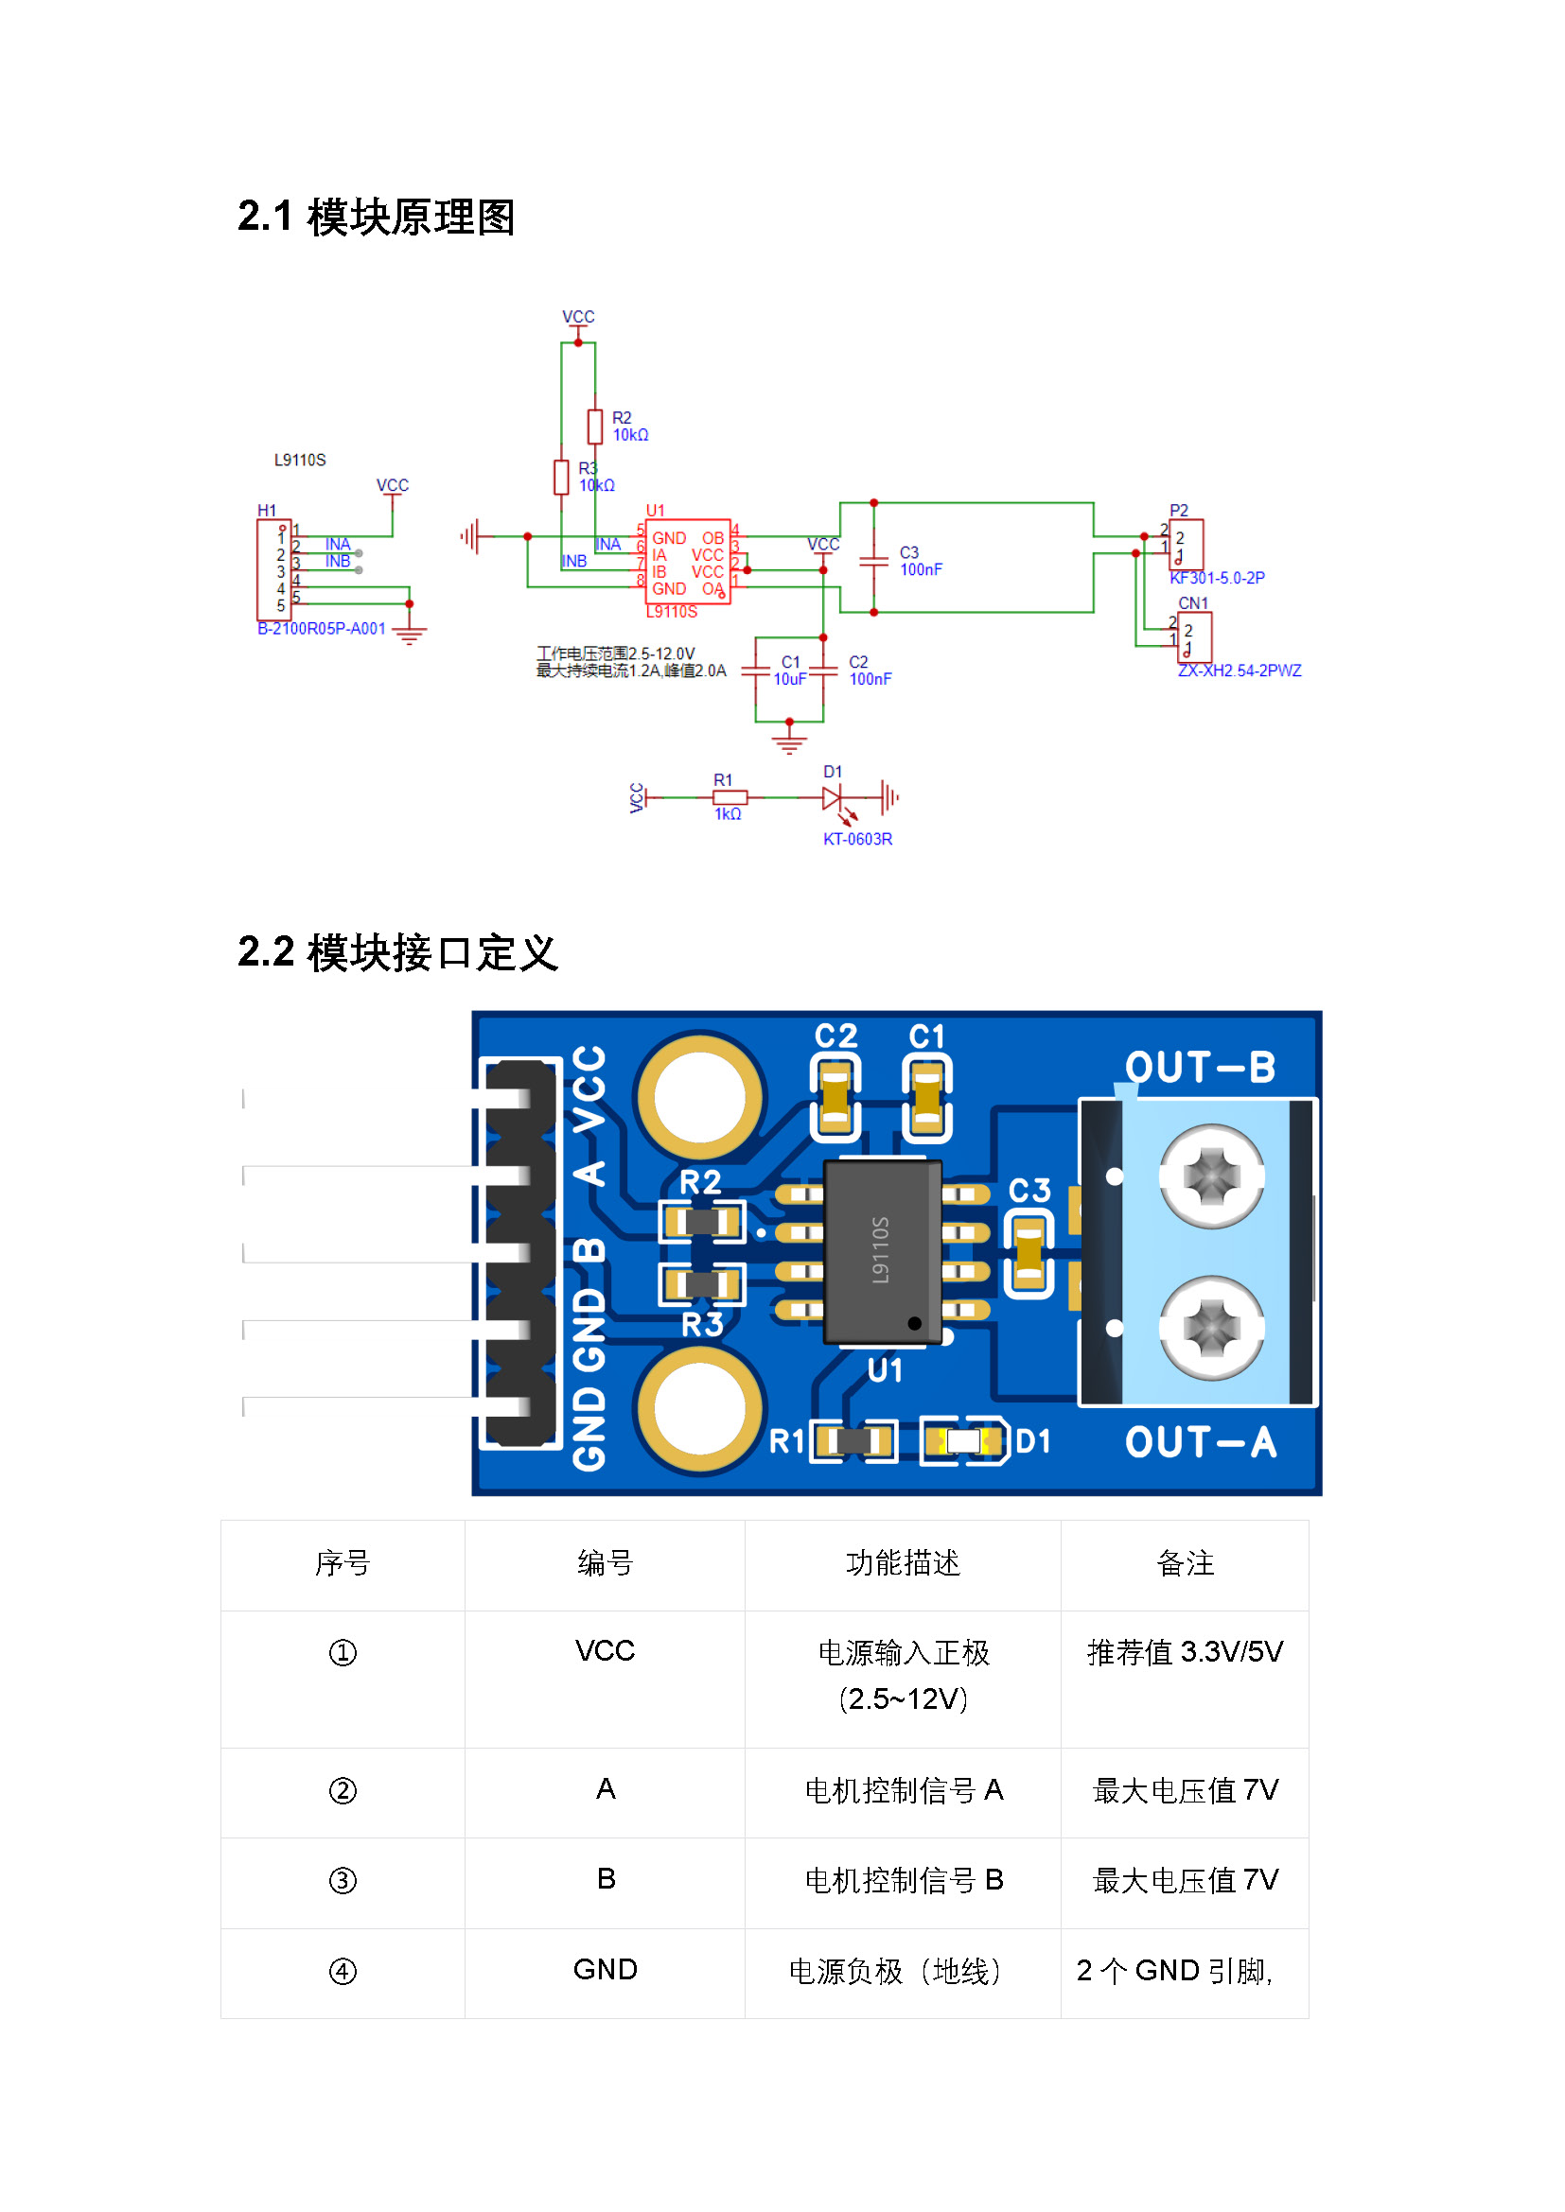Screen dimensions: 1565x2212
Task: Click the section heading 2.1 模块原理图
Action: (x=376, y=217)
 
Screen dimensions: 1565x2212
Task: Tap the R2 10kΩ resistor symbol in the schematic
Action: (x=594, y=427)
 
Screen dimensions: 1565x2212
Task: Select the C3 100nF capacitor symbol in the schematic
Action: (x=873, y=560)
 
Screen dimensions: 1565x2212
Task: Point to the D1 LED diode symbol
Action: (x=832, y=798)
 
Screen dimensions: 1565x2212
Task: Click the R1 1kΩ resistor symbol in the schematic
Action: (x=730, y=798)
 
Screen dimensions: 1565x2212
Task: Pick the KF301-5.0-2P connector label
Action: (x=1217, y=578)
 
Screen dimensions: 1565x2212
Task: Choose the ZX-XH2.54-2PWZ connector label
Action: (x=1240, y=671)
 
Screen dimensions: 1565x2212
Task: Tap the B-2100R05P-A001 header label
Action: (x=321, y=629)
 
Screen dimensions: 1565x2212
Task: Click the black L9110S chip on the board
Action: (x=882, y=1251)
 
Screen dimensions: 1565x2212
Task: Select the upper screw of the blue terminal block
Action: (x=1211, y=1176)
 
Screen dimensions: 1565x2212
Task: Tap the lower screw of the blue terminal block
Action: (x=1211, y=1329)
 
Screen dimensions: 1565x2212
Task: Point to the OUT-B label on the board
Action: (x=1201, y=1068)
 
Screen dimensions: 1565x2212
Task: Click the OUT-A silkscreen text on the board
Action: (x=1201, y=1442)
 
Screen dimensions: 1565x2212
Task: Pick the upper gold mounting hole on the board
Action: (x=699, y=1097)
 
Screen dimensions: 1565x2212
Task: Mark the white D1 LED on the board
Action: (x=963, y=1441)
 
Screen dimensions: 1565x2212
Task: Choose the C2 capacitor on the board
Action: (x=835, y=1097)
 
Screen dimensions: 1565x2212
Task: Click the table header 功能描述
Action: (x=903, y=1563)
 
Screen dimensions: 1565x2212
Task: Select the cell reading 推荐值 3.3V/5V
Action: (x=1186, y=1653)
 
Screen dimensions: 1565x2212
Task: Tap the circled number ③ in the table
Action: (x=343, y=1881)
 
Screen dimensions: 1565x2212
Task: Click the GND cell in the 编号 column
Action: (x=606, y=1970)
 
